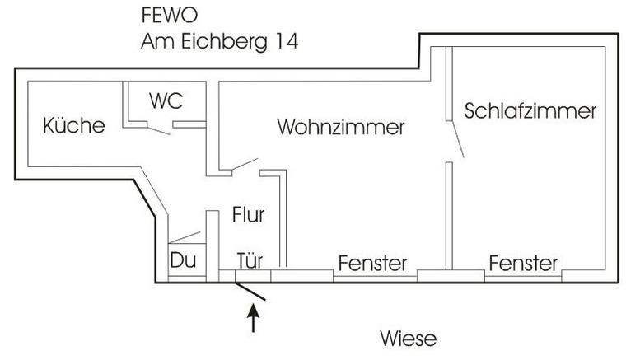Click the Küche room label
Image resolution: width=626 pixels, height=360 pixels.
click(x=74, y=126)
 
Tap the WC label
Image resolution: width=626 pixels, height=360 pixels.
click(x=166, y=101)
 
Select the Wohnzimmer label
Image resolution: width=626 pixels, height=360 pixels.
click(x=341, y=128)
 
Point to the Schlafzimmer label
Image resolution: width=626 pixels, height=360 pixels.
click(x=530, y=111)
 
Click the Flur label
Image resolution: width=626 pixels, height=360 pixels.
click(x=247, y=216)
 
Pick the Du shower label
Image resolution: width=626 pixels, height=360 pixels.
click(x=182, y=260)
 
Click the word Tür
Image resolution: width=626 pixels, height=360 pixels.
click(x=249, y=261)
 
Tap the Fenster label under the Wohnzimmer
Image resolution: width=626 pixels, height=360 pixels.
click(x=372, y=264)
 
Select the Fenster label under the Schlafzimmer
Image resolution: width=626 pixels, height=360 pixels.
click(x=523, y=264)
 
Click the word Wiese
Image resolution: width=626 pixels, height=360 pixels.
click(x=408, y=338)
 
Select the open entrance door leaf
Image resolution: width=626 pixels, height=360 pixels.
click(x=250, y=290)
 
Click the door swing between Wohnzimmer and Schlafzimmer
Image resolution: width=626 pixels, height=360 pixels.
click(x=456, y=140)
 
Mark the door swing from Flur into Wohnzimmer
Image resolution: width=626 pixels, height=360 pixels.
click(x=244, y=164)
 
